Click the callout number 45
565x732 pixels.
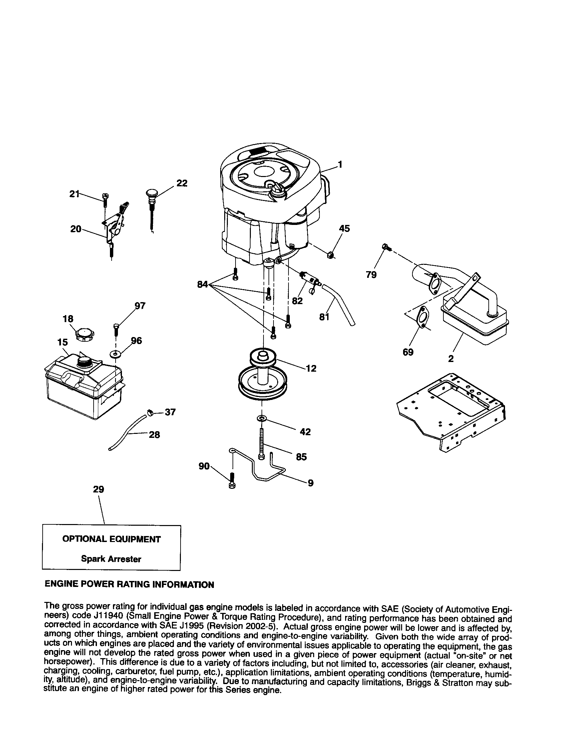[x=344, y=229]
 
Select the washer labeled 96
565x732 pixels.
[x=116, y=354]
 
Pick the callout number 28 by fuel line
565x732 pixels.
[x=154, y=435]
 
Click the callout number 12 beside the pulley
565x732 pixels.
[x=311, y=368]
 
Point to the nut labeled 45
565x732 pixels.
[x=331, y=256]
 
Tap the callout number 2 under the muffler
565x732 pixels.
[x=451, y=359]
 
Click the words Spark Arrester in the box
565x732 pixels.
[x=111, y=559]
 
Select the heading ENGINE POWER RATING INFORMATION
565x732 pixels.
[x=129, y=585]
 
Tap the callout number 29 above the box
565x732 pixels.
[x=98, y=490]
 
